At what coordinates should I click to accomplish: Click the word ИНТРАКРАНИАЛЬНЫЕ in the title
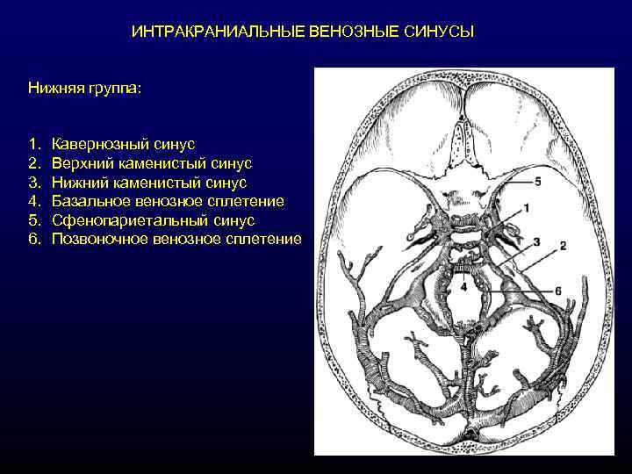coord(218,32)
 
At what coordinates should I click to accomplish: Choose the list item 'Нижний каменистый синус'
coord(149,182)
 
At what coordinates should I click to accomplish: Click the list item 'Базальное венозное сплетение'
coord(168,201)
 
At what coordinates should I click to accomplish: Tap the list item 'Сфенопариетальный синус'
coord(153,220)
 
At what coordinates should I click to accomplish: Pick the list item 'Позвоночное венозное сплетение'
coord(176,240)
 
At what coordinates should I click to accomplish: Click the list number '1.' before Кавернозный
coord(33,143)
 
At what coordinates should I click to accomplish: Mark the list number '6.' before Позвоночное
coord(33,240)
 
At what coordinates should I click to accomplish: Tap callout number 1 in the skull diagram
coord(527,207)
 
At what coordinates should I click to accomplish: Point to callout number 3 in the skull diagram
coord(535,241)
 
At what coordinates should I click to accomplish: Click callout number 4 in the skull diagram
coord(463,287)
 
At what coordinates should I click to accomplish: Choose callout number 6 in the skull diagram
coord(557,291)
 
